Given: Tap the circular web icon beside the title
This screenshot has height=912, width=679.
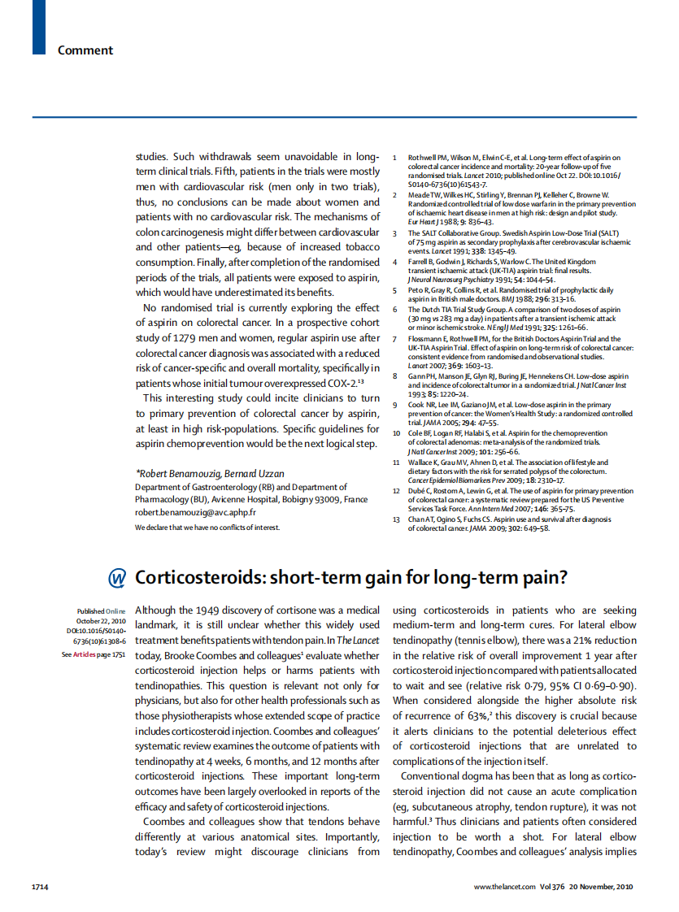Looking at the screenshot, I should pos(117,577).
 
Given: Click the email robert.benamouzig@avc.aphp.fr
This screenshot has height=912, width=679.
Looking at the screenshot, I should pos(195,513).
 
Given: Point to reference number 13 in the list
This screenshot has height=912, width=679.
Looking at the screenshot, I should pos(396,518).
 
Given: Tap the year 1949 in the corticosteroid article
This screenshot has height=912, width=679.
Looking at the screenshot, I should pos(212,610).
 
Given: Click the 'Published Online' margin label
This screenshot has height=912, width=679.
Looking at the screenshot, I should pos(102,611).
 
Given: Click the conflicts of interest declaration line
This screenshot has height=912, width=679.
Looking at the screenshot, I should pos(207,528).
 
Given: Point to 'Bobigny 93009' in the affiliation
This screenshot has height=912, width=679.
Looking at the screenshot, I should pos(306,499).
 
